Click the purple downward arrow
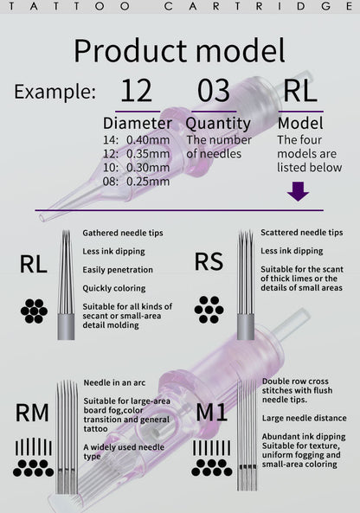tap(298, 191)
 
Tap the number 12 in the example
tap(137, 91)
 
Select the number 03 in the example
tap(214, 91)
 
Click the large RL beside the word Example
tap(299, 91)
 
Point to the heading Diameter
tap(138, 124)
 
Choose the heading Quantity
tap(218, 124)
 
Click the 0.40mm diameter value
tap(148, 140)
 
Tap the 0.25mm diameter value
tap(148, 182)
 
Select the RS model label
tap(209, 262)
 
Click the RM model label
tap(32, 413)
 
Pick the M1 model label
tap(211, 412)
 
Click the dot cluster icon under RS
tap(209, 310)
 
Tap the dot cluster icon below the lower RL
tap(34, 311)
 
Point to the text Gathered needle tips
tap(123, 233)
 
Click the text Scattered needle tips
tap(302, 233)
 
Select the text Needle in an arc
tap(114, 382)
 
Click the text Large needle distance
tap(304, 418)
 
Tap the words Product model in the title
tap(179, 51)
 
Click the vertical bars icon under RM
tap(34, 447)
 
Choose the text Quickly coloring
tap(114, 288)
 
